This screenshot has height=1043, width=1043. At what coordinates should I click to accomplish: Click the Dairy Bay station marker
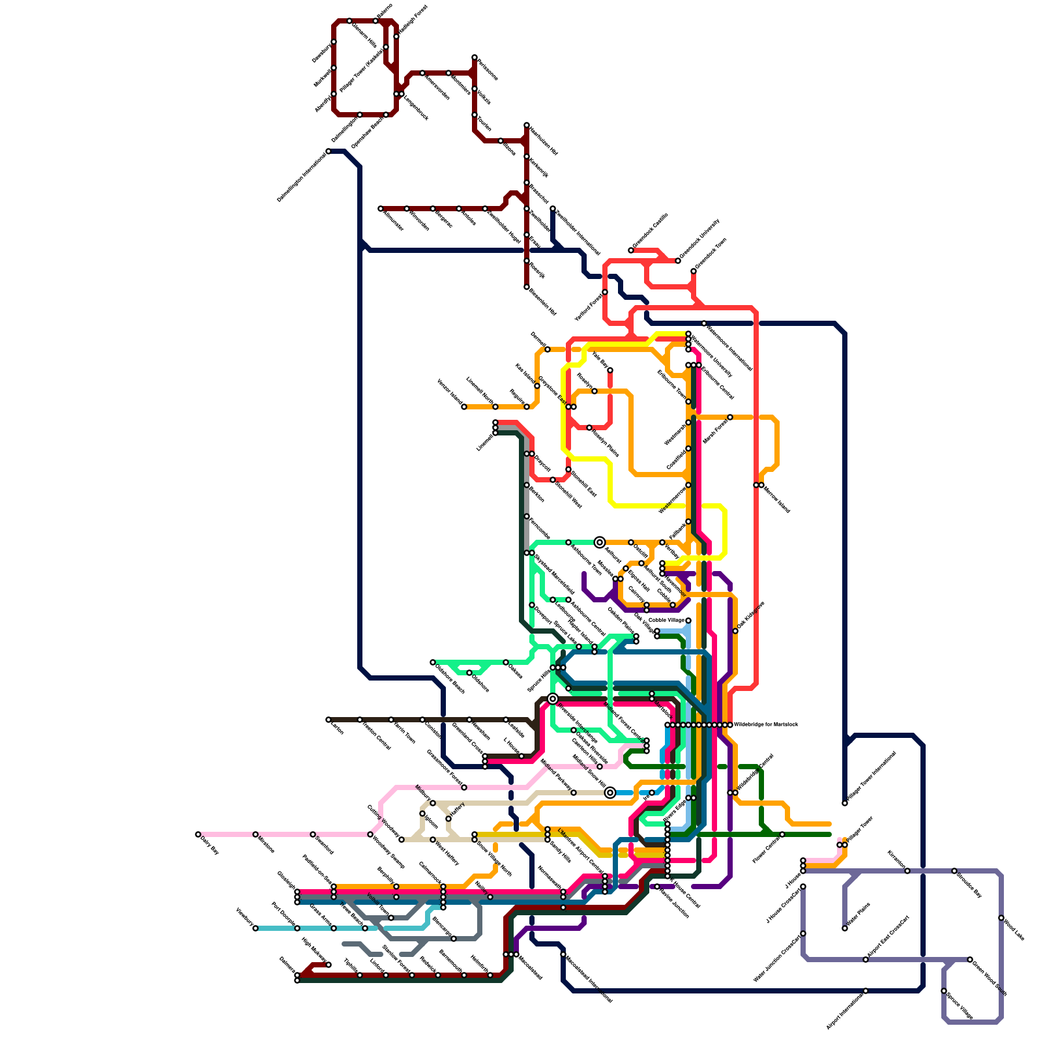tap(198, 834)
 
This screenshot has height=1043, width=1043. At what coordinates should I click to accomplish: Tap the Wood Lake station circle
tap(1001, 918)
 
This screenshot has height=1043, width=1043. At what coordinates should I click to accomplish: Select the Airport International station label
tap(845, 1011)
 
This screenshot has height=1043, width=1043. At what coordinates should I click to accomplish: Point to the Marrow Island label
tap(776, 499)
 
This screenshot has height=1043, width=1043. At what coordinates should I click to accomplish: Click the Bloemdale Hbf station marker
tap(527, 287)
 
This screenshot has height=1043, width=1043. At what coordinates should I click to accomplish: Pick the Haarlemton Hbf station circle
tap(527, 125)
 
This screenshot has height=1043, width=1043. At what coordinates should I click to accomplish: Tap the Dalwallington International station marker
tap(329, 151)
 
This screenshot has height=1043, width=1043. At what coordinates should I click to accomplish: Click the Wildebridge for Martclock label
tap(765, 724)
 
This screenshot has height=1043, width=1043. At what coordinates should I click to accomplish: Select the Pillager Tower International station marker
tap(845, 803)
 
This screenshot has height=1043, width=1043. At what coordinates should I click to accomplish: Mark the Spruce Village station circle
tap(944, 991)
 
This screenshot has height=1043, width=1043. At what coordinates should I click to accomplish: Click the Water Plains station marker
tap(845, 928)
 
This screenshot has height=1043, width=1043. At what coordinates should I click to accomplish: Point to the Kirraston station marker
tap(907, 871)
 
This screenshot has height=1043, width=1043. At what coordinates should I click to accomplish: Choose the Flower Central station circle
tap(782, 834)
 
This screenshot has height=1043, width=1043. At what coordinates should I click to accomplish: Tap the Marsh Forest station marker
tap(730, 417)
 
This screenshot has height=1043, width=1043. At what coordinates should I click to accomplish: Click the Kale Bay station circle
tap(610, 370)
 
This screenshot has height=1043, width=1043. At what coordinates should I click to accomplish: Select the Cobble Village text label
tap(666, 620)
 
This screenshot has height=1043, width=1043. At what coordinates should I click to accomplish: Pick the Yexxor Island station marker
tap(464, 407)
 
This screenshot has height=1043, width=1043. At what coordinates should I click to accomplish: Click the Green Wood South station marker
tap(970, 960)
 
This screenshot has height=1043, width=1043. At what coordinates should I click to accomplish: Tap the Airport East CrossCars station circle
tap(866, 960)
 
